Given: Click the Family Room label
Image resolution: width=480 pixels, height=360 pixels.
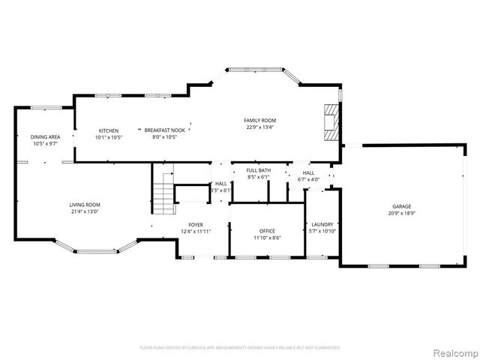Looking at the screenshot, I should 260,120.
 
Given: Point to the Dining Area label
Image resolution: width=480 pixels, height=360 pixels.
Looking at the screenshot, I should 45,137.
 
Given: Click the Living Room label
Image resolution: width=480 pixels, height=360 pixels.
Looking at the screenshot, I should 85,205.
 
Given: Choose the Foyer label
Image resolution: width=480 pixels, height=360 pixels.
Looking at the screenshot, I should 195,224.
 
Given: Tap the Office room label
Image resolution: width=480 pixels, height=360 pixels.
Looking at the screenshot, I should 266,231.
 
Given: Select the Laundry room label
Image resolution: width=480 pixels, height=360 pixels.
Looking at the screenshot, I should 322,224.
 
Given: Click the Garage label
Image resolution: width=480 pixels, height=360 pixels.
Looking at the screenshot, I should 402,206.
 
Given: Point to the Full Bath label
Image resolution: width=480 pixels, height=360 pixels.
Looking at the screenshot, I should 259,170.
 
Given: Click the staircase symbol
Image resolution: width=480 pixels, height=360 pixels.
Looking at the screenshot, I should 163,191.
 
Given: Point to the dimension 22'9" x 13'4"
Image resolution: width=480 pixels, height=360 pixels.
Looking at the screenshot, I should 260,127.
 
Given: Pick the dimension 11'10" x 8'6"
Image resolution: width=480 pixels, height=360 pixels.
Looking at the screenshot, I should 266,238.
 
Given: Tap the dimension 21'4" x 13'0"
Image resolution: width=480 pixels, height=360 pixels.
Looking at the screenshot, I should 85,211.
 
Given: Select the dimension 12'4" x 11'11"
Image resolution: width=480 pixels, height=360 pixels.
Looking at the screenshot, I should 195,232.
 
